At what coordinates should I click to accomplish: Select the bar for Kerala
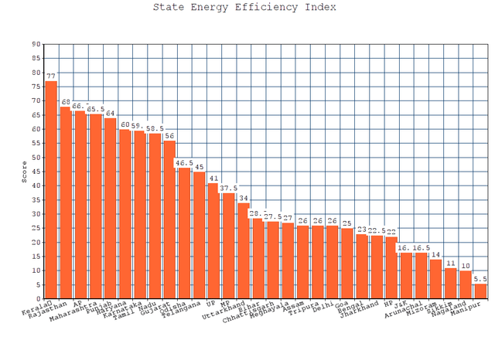(51, 189)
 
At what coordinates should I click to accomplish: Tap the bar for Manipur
(480, 291)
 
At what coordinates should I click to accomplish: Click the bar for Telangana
(199, 235)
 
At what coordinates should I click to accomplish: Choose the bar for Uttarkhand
(243, 250)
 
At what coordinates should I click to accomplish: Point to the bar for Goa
(347, 264)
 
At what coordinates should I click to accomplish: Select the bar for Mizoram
(436, 279)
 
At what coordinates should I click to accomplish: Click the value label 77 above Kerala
(51, 77)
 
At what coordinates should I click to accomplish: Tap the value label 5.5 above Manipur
(480, 278)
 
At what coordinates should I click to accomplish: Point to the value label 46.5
(184, 163)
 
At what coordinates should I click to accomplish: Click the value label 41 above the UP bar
(213, 178)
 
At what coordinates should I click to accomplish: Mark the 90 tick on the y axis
(36, 44)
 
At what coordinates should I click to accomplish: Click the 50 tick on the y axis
(36, 157)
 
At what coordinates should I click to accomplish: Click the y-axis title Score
(25, 172)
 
